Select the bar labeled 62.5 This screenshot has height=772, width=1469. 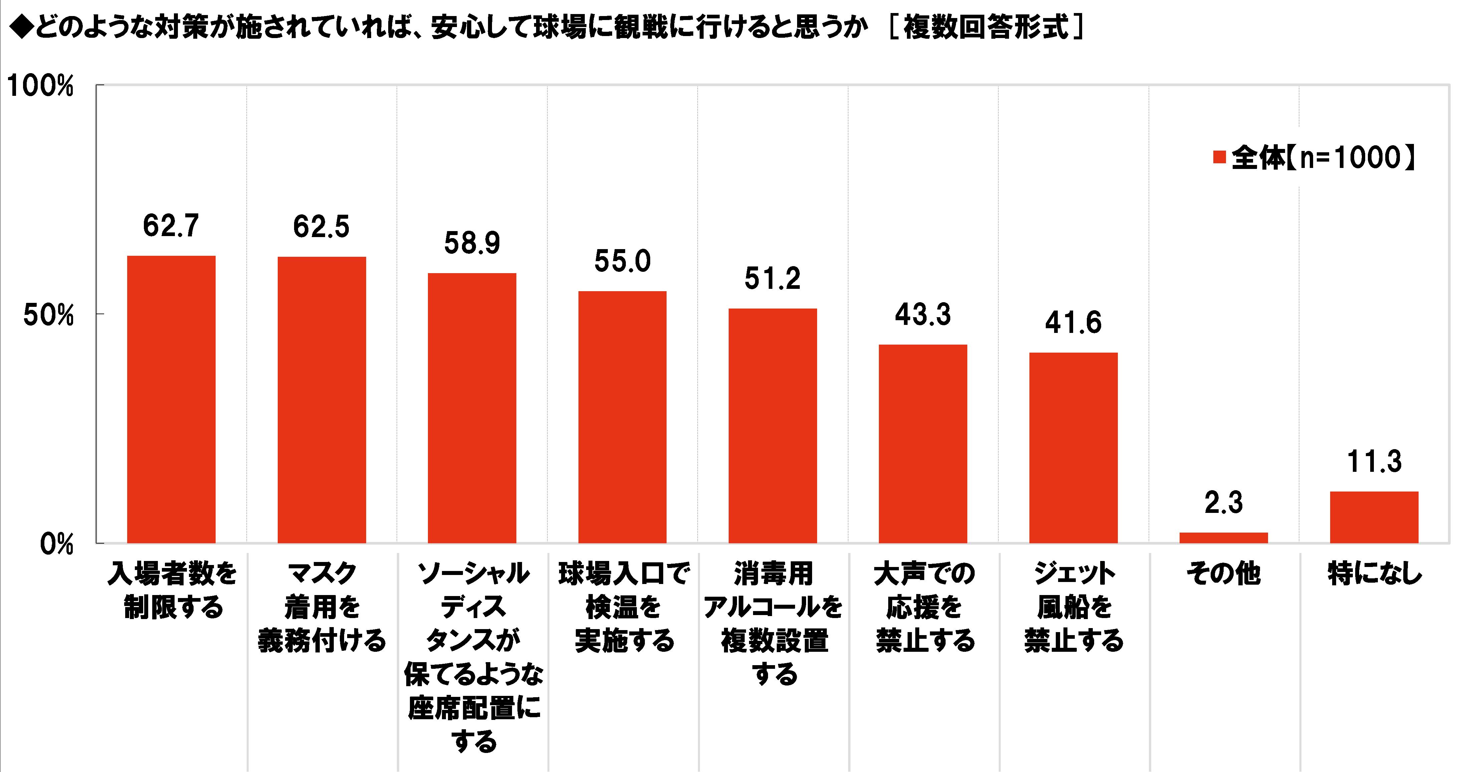click(322, 399)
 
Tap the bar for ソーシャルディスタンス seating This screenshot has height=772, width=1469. click(472, 408)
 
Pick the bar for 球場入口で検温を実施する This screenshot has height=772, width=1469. click(622, 416)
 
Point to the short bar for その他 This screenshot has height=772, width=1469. click(1224, 538)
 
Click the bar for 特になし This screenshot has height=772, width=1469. click(1374, 517)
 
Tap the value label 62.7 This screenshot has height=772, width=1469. click(171, 226)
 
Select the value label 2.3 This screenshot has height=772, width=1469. click(1224, 503)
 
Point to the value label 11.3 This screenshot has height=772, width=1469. click(1374, 462)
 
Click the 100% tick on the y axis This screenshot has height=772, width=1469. click(40, 87)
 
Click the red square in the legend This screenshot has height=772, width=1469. click(1220, 158)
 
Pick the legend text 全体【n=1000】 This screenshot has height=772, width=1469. click(1323, 158)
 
